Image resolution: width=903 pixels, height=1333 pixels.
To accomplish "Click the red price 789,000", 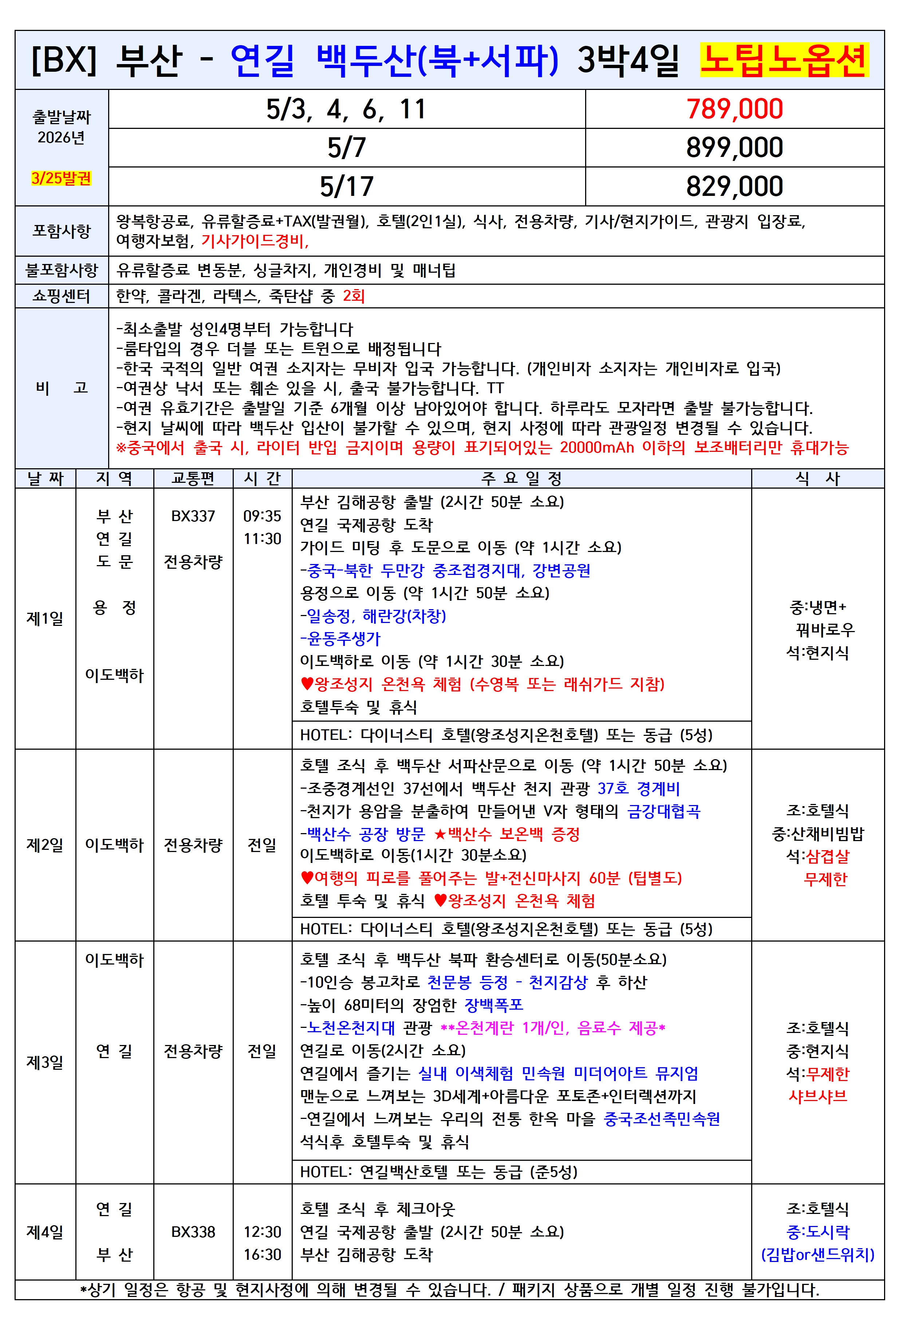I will [734, 109].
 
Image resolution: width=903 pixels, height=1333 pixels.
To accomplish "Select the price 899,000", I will [734, 147].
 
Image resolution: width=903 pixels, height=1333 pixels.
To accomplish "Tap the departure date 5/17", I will [347, 186].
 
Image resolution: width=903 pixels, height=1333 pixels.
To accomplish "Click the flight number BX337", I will [193, 516].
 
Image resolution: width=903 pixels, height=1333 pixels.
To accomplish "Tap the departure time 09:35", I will [262, 516].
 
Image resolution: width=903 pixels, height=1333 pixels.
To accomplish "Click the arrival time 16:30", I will [262, 1254].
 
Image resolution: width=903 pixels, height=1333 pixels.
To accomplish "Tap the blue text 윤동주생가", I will [343, 638].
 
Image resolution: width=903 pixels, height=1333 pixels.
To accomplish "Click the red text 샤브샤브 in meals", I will [817, 1096].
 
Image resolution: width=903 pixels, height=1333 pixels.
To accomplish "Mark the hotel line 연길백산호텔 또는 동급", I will [438, 1171].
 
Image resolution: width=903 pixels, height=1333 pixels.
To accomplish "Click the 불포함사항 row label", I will [62, 269].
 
